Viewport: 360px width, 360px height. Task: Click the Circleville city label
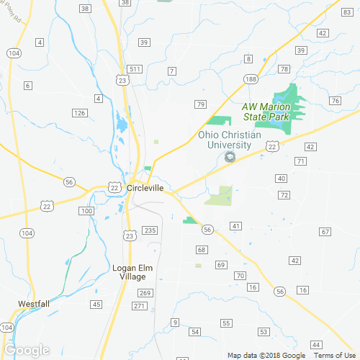(145, 189)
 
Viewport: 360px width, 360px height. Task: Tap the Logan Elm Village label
(129, 272)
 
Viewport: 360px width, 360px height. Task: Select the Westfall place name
(33, 304)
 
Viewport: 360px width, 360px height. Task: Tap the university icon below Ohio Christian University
(230, 156)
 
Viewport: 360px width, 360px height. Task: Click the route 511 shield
(135, 69)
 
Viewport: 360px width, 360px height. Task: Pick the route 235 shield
(150, 230)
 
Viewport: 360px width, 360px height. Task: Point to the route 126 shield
(80, 113)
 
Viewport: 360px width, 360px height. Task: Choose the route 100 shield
(86, 211)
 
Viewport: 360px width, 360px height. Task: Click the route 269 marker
(145, 292)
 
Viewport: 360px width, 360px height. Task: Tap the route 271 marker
(140, 306)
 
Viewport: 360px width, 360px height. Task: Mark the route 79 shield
(201, 105)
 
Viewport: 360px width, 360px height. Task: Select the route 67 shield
(325, 231)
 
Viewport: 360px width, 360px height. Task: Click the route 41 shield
(235, 227)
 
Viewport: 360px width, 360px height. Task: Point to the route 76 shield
(335, 101)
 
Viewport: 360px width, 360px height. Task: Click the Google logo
(27, 350)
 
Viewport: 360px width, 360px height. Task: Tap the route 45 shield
(96, 305)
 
